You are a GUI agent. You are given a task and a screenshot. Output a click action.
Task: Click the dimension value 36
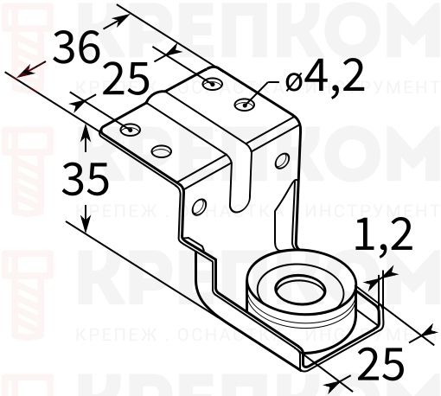coord(75,48)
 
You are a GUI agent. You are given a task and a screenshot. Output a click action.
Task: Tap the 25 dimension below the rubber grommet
coord(381,365)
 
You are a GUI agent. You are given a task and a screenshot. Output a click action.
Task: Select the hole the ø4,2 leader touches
coord(246,105)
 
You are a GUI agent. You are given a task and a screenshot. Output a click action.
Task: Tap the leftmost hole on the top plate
coord(129,130)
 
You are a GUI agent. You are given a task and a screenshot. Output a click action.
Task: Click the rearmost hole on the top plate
coord(213,83)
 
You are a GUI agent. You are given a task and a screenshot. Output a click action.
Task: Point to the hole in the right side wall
coord(282,160)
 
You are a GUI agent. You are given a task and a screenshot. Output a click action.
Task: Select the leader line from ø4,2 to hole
coord(267,93)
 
